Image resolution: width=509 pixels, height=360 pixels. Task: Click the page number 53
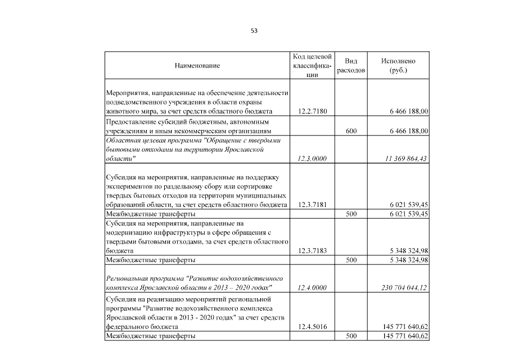pyautogui.click(x=254, y=31)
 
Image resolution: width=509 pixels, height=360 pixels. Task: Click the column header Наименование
pyautogui.click(x=197, y=66)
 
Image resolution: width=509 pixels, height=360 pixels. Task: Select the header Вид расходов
pyautogui.click(x=351, y=66)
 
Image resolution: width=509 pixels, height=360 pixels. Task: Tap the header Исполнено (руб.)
pyautogui.click(x=398, y=66)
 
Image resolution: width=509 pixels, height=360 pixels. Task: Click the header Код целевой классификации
pyautogui.click(x=312, y=66)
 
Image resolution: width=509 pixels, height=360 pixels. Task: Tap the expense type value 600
pyautogui.click(x=351, y=130)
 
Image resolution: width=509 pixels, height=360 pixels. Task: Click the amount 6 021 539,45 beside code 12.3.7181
pyautogui.click(x=406, y=205)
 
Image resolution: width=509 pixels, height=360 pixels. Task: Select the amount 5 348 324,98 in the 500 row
pyautogui.click(x=406, y=260)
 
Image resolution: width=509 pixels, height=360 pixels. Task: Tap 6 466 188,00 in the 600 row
pyautogui.click(x=406, y=130)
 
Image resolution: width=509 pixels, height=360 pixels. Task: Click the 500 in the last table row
pyautogui.click(x=351, y=336)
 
